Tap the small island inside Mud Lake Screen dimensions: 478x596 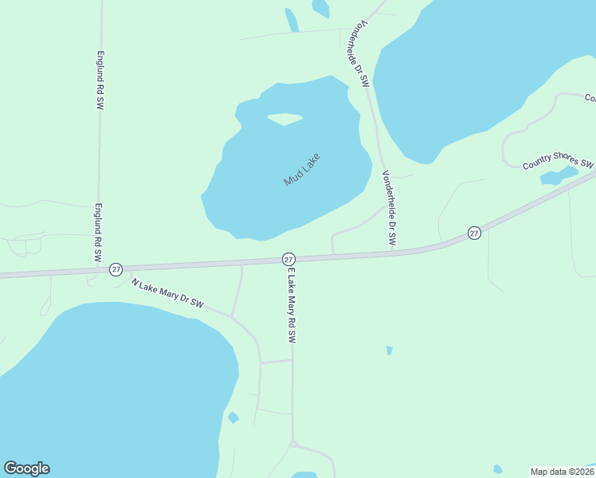pos(284,119)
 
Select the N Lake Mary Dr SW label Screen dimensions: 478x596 pos(168,293)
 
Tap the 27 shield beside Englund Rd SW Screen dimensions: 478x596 pos(116,269)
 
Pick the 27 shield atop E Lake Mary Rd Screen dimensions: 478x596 pos(288,259)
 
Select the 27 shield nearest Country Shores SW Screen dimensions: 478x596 pos(474,233)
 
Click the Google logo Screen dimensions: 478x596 pos(26,468)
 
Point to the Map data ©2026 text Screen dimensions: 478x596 pos(561,472)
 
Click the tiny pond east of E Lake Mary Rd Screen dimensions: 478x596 pos(389,350)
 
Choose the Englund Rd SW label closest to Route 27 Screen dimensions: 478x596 pos(99,233)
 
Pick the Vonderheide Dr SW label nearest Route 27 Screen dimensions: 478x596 pos(390,208)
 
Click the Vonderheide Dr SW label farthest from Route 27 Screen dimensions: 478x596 pos(355,54)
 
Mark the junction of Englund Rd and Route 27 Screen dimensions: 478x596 pos(99,268)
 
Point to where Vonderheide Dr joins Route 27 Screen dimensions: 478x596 pos(394,253)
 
